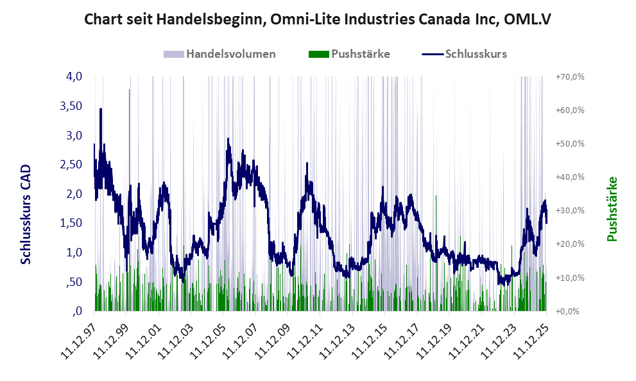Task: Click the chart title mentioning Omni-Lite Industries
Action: (318, 20)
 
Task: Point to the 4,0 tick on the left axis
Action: (74, 76)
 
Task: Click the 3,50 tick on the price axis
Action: (71, 106)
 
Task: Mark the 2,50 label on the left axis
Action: (71, 164)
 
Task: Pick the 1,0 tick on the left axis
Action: (74, 253)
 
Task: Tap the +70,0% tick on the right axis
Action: (569, 76)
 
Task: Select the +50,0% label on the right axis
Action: (569, 143)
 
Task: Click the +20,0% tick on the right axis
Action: (569, 244)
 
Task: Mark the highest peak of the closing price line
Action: (101, 109)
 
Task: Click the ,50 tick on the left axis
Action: (74, 282)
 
